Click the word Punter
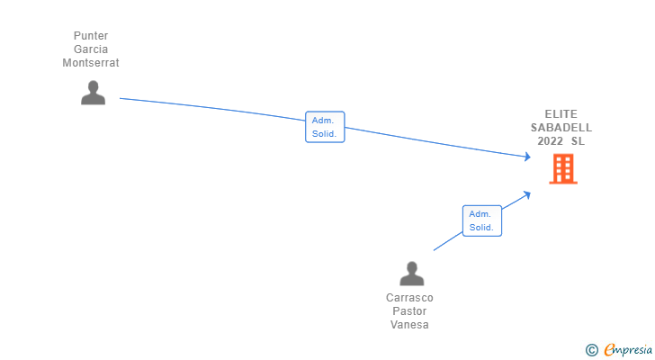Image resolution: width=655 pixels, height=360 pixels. tap(91, 36)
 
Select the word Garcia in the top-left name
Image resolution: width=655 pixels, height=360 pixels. tap(91, 49)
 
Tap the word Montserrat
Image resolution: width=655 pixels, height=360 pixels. tap(91, 63)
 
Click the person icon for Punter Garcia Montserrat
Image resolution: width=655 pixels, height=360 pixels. tap(94, 93)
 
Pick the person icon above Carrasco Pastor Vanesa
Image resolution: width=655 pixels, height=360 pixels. tap(412, 274)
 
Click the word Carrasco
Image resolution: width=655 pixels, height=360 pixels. tap(409, 298)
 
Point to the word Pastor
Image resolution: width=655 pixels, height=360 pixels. tap(409, 311)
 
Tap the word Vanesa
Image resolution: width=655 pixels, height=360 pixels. tap(409, 325)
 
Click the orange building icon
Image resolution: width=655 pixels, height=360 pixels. tap(563, 168)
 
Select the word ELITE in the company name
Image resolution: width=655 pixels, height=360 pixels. tap(561, 114)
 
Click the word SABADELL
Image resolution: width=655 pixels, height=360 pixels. tap(561, 128)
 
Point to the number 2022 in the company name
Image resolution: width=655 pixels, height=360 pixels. tap(550, 141)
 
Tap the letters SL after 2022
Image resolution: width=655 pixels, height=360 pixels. tap(579, 141)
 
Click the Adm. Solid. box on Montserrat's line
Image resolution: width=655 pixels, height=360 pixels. tap(325, 127)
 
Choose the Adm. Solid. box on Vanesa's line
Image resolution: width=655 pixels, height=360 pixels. tap(482, 220)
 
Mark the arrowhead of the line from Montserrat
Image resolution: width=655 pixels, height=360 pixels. tap(528, 157)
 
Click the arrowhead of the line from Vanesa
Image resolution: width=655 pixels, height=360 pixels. tap(527, 194)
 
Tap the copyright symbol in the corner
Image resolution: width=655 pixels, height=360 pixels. tap(591, 350)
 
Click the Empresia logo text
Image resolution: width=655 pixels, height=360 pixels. tap(628, 350)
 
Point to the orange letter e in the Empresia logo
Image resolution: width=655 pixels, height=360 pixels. tap(609, 349)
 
